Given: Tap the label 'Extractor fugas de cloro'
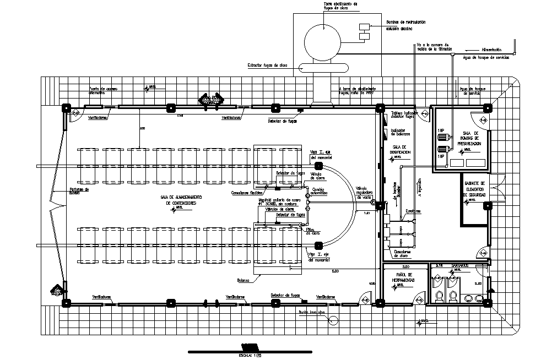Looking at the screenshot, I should pos(268,66).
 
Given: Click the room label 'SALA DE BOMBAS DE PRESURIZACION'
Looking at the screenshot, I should pos(468,138).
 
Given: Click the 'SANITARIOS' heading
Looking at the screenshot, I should pos(460,265).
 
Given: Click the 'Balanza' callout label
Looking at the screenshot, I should pos(244,280).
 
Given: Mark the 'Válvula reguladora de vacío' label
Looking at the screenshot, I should pos(364,192).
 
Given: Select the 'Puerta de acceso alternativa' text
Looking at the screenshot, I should pos(104,91).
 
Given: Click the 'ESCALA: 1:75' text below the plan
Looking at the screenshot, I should pos(250,356).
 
